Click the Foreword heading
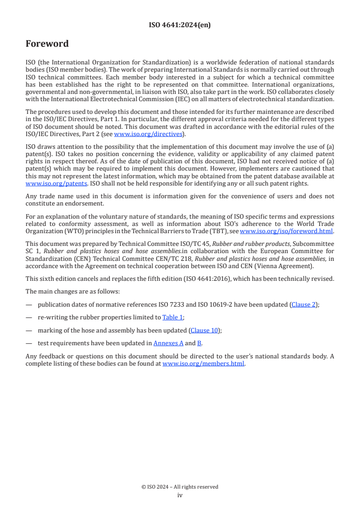click(47, 44)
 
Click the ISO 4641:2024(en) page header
click(180, 25)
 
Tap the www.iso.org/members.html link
click(203, 363)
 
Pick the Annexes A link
click(168, 343)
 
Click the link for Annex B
click(199, 343)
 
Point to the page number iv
click(180, 495)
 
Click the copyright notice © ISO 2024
click(180, 487)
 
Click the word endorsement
click(64, 204)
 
